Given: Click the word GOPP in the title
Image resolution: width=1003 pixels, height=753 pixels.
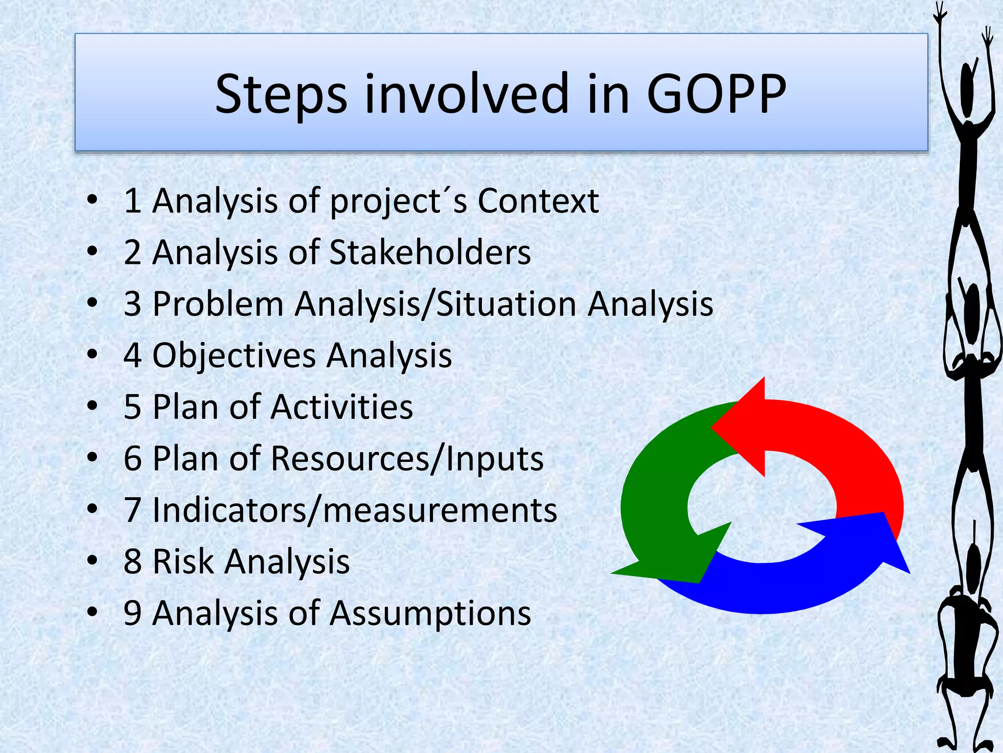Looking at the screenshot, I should tap(716, 94).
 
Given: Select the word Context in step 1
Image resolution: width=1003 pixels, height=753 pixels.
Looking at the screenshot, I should tap(538, 201).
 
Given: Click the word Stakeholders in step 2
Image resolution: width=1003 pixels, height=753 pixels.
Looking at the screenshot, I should tap(430, 252).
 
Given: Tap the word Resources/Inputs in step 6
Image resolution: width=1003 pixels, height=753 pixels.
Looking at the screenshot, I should tap(406, 459).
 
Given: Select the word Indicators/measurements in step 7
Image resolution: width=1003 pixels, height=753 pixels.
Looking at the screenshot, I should tap(355, 510).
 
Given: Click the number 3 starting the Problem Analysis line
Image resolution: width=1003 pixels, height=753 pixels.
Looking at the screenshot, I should tap(132, 304).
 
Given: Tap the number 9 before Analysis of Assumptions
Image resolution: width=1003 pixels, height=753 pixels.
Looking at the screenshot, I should tap(132, 613).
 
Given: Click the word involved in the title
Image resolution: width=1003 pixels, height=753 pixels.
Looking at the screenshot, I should tap(466, 94).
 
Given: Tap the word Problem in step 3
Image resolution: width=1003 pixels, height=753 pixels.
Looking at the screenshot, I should tap(218, 304).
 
